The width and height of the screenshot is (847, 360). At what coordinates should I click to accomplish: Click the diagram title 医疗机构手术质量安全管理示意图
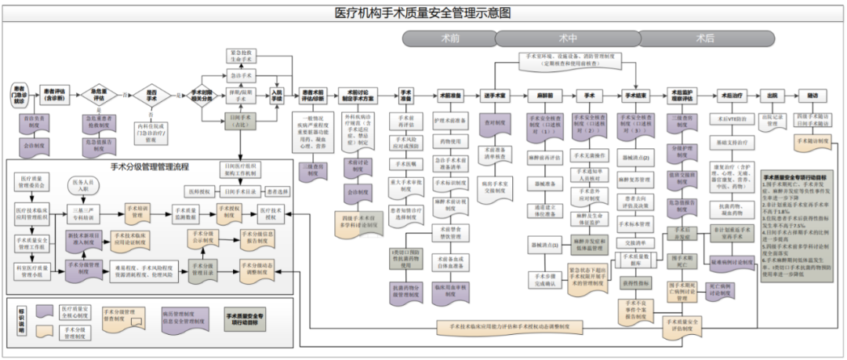pos(423,13)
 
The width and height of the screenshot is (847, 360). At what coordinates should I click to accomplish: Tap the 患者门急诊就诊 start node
pos(20,95)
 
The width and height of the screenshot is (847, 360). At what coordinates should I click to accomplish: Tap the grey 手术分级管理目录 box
pos(202,270)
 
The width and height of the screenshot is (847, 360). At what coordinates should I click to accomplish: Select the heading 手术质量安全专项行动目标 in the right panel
pos(798,177)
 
